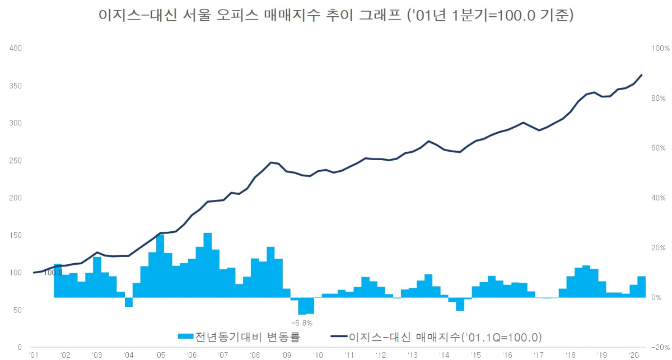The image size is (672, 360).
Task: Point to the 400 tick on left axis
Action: click(16, 49)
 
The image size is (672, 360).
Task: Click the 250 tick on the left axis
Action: click(16, 161)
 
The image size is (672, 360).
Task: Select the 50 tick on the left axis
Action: click(18, 310)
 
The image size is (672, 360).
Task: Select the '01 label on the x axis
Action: click(34, 355)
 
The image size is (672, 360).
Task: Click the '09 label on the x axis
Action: click(286, 355)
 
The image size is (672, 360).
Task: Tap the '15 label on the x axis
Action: click(475, 355)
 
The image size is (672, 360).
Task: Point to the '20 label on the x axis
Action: click(633, 355)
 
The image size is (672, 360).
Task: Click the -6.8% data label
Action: click(302, 323)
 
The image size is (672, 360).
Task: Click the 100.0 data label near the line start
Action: click(53, 273)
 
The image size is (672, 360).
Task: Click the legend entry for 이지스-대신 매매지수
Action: click(444, 337)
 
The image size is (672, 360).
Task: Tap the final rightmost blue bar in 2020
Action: click(641, 287)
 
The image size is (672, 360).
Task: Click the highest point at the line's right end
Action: click(641, 75)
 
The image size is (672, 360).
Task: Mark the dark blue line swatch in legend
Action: click(339, 337)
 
